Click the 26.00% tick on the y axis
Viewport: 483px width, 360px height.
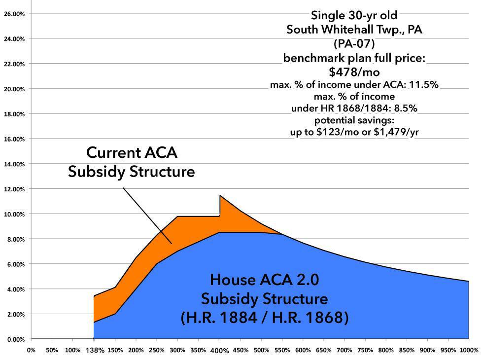click(x=14, y=14)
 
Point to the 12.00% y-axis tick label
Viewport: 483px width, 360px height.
click(x=14, y=189)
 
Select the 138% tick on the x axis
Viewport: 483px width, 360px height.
click(x=94, y=351)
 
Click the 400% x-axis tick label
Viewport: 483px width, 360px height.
click(x=220, y=351)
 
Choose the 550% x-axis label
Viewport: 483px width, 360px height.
click(x=282, y=351)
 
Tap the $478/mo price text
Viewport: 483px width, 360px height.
click(x=354, y=72)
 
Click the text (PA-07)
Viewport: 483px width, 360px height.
click(x=354, y=43)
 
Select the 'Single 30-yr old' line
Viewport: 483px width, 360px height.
click(x=354, y=15)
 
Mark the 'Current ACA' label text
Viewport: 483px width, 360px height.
click(x=131, y=153)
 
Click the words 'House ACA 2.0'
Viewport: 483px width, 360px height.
click(x=264, y=280)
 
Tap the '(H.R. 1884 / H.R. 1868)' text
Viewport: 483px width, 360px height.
click(x=264, y=318)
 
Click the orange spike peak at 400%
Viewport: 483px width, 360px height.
click(x=220, y=196)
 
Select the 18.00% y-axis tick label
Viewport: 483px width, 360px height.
click(x=14, y=114)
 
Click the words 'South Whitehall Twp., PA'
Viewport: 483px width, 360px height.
click(x=354, y=30)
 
